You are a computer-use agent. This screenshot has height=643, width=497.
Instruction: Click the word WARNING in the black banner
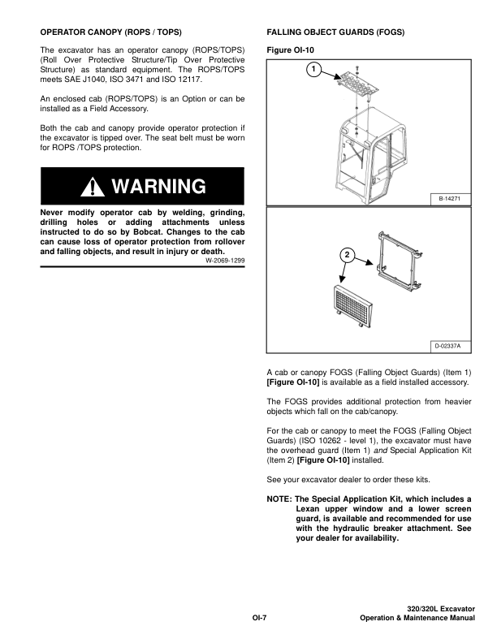158,188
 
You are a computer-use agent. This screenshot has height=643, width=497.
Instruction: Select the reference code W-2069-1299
225,260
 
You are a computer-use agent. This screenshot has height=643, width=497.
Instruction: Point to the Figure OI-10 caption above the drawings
290,50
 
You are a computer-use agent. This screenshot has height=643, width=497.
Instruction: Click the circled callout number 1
311,70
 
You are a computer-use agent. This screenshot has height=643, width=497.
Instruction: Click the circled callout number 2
347,255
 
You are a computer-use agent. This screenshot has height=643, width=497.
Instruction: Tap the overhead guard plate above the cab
358,86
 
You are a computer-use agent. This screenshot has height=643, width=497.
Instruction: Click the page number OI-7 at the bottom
259,619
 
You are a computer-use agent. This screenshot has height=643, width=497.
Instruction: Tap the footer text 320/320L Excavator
440,609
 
